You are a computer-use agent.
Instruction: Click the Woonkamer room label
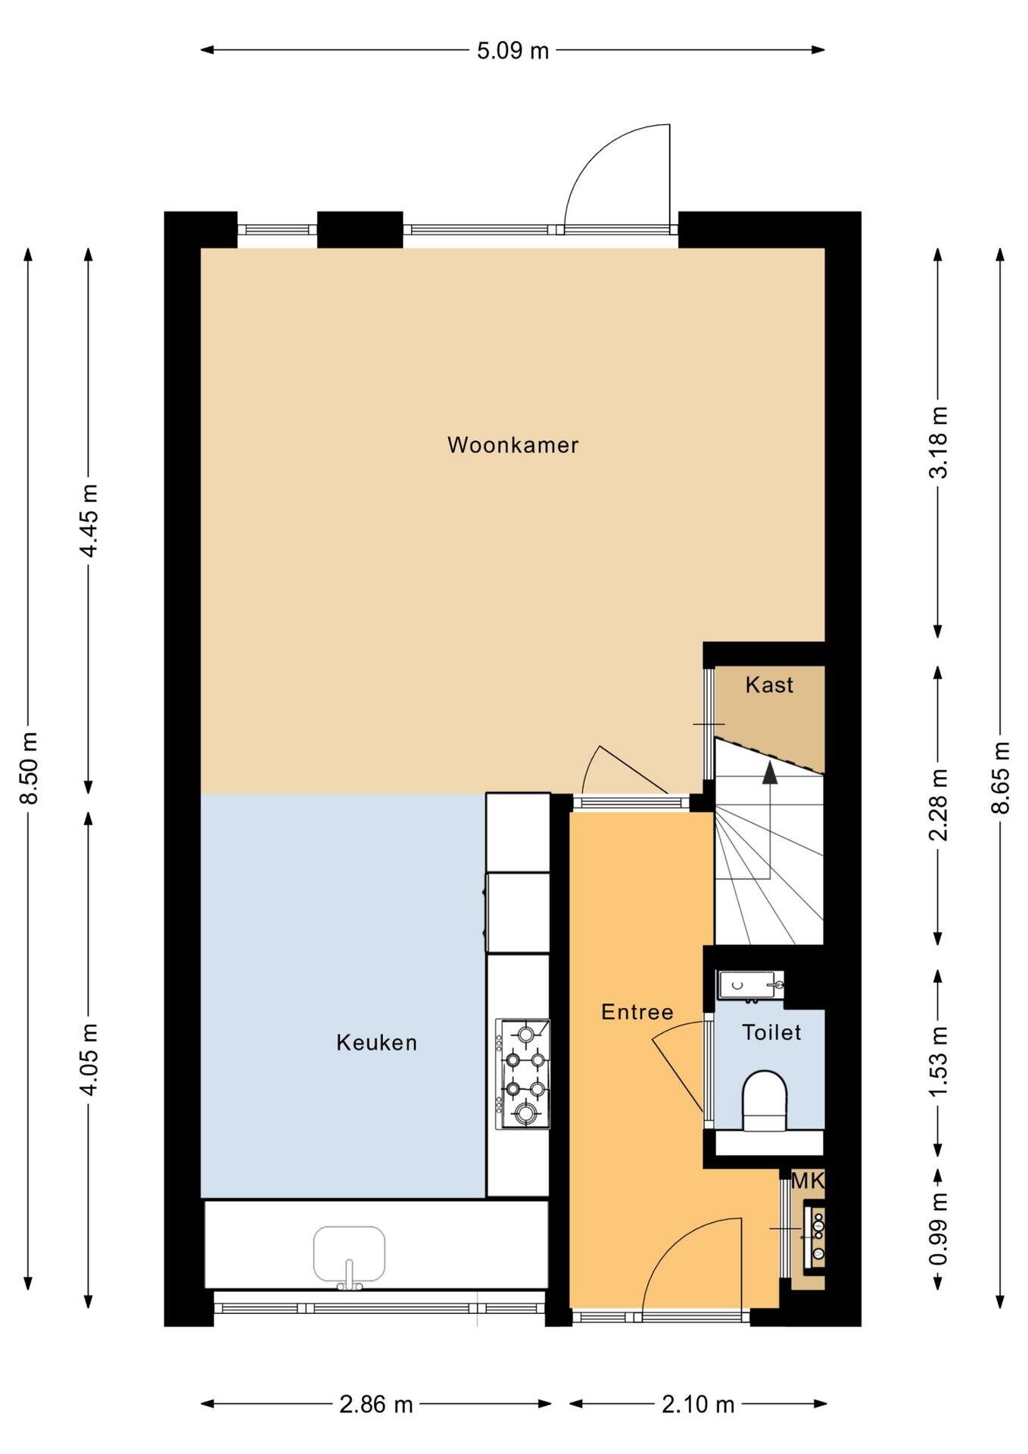point(512,445)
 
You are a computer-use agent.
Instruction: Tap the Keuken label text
point(376,1043)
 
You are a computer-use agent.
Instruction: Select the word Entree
point(637,1012)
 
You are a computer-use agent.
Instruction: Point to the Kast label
point(769,685)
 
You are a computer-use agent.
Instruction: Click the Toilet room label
point(771,1032)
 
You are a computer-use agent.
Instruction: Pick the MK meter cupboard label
point(807,1180)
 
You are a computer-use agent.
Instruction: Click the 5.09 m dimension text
point(512,51)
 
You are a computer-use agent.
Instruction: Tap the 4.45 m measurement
point(89,520)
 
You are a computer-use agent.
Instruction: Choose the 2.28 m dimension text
point(939,805)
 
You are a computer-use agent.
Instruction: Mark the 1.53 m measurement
point(939,1062)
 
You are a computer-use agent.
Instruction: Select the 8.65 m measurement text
point(1001,778)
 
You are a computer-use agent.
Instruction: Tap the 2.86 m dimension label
point(376,1405)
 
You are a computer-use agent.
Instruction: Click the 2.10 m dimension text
point(698,1405)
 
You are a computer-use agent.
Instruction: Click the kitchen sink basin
point(349,1254)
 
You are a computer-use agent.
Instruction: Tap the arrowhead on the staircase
point(770,772)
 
